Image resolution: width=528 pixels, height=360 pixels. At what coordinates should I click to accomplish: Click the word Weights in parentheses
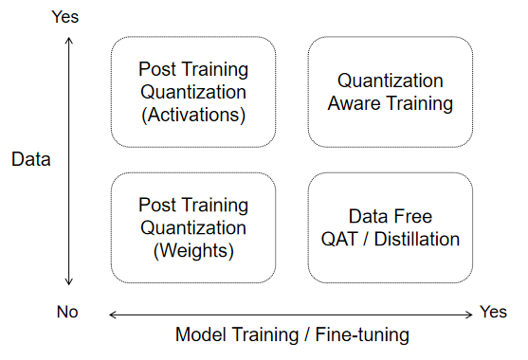tap(193, 251)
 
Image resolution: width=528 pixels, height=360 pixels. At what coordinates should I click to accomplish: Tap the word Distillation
tap(417, 239)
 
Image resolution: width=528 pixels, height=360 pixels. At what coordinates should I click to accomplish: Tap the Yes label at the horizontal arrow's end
tap(493, 312)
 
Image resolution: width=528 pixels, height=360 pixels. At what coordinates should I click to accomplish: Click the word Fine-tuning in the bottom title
tap(363, 335)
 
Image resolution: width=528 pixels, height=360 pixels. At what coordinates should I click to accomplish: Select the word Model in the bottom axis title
tap(200, 335)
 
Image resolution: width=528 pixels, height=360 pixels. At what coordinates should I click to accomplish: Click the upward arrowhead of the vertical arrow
tap(69, 40)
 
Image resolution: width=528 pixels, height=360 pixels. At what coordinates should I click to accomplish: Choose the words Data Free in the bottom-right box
tap(391, 217)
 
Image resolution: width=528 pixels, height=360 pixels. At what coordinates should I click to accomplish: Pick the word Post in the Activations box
tap(157, 70)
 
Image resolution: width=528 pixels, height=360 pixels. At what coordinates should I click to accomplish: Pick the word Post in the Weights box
tap(157, 205)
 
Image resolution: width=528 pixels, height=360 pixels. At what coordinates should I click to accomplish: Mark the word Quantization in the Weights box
tap(193, 227)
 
